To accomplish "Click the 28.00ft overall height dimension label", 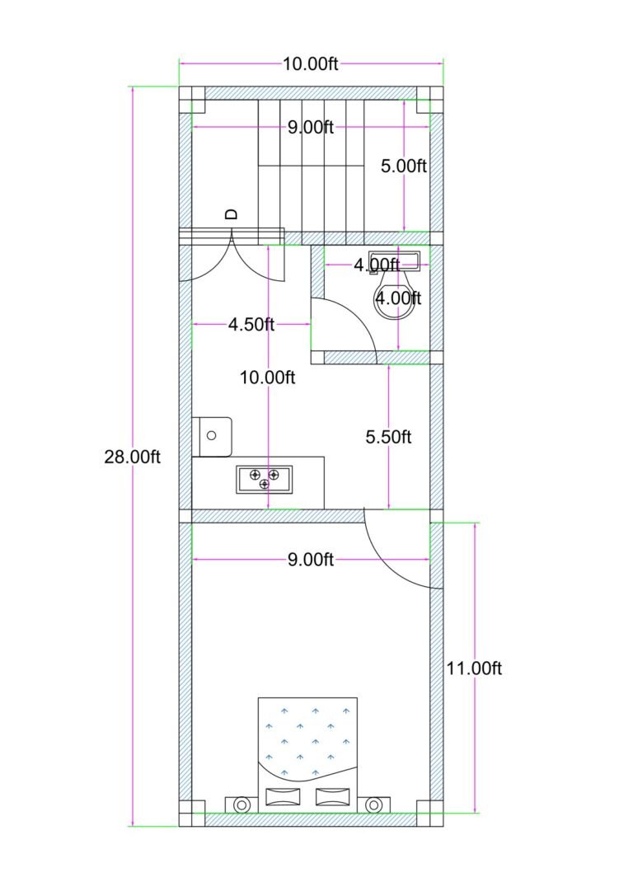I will tap(132, 457).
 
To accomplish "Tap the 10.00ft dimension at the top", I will tap(311, 64).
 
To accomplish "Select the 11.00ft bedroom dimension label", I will tap(473, 668).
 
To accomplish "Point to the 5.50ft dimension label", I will tap(388, 437).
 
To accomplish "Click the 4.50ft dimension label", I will tap(251, 324).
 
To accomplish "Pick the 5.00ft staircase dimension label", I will tap(404, 166).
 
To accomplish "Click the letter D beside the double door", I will tap(232, 213).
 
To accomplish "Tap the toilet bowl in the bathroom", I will tap(395, 302).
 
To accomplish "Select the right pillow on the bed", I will tap(332, 797).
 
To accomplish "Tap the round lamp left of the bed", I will tap(242, 804).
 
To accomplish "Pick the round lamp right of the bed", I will tap(373, 804).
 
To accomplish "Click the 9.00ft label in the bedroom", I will tap(311, 561).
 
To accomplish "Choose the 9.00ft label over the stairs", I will tap(311, 127).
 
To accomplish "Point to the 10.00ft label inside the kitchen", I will tap(267, 378).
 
